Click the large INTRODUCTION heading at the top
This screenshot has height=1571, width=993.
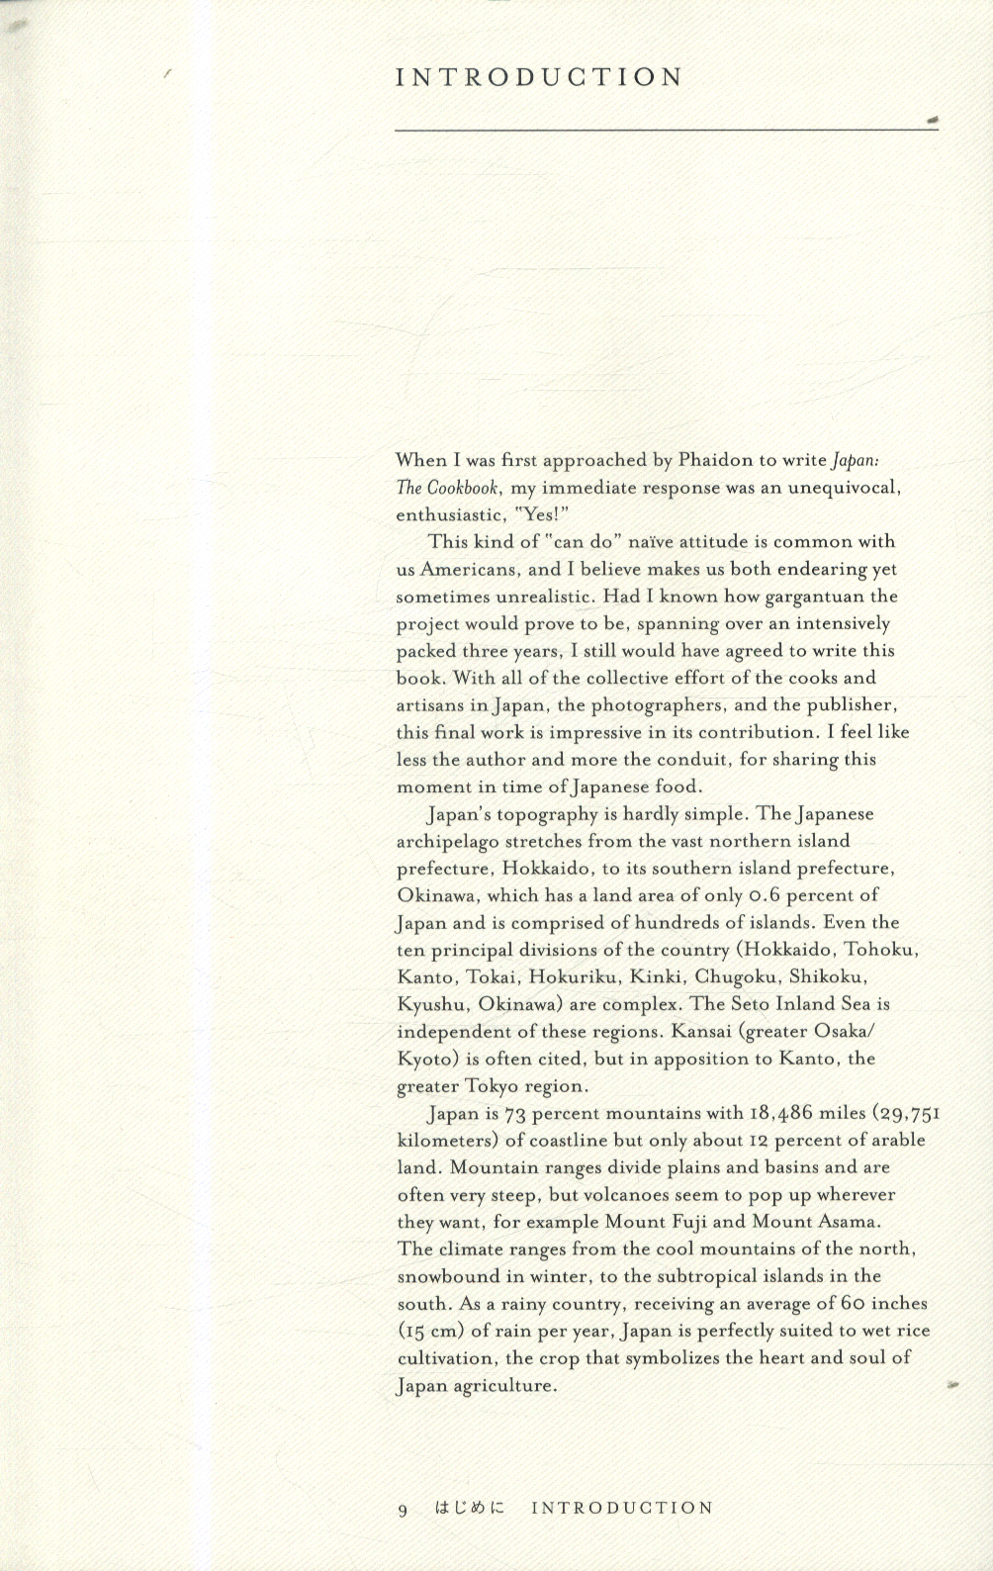click(x=539, y=78)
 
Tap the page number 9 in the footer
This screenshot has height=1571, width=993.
click(x=403, y=1510)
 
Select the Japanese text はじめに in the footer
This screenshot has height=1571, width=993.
click(x=469, y=1509)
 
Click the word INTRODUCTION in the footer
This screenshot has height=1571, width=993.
click(x=622, y=1509)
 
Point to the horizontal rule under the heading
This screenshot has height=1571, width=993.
click(x=663, y=129)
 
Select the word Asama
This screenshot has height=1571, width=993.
click(x=846, y=1222)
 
